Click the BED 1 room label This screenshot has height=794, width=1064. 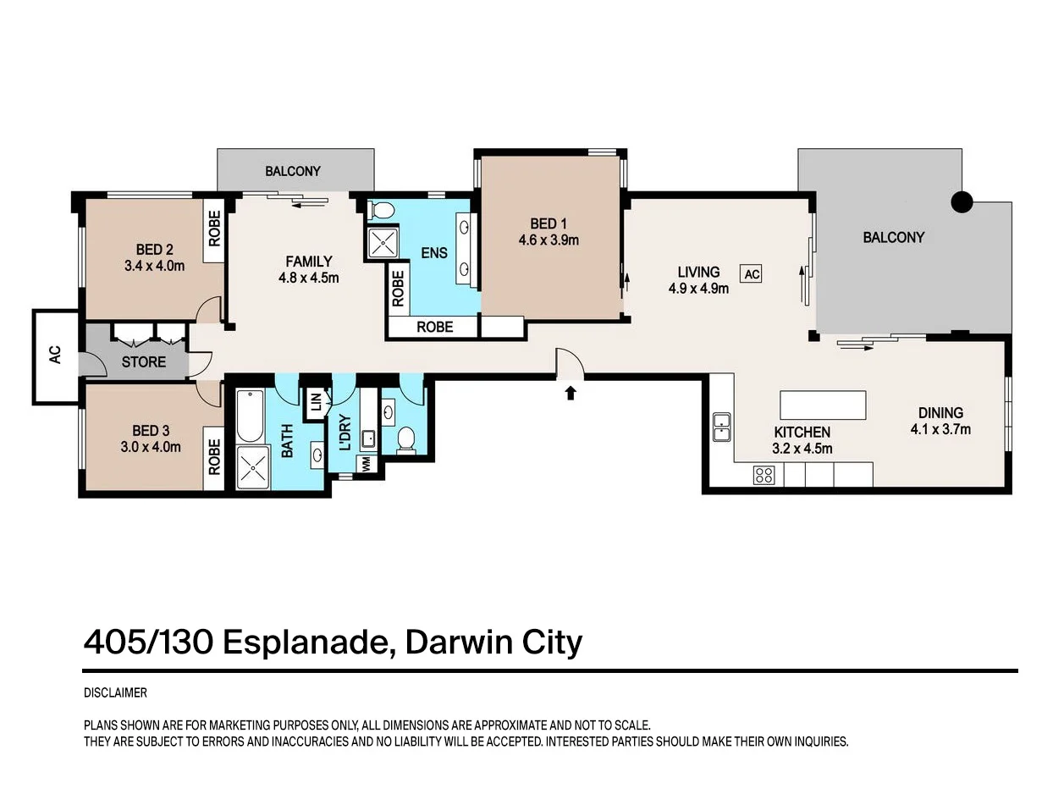click(549, 224)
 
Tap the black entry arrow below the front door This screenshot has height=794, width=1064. click(570, 393)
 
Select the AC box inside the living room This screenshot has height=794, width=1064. click(751, 274)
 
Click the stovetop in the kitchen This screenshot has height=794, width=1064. click(764, 475)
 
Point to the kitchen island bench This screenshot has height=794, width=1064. click(823, 405)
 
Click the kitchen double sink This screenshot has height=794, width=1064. click(722, 427)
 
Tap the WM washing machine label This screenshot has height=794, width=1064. click(366, 464)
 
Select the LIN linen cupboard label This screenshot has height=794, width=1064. click(316, 401)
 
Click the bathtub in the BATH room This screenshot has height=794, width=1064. click(250, 416)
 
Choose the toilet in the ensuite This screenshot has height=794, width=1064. click(381, 211)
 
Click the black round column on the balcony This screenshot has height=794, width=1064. click(962, 202)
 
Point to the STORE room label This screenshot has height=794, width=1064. click(144, 361)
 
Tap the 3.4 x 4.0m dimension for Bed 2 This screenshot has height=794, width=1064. click(154, 266)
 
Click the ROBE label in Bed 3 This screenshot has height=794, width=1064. click(214, 456)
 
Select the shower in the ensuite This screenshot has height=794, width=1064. click(383, 242)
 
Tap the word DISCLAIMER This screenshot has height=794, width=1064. click(115, 692)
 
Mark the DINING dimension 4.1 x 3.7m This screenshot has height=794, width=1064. click(940, 429)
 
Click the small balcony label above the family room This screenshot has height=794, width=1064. click(292, 171)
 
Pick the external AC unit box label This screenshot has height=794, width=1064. click(55, 355)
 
